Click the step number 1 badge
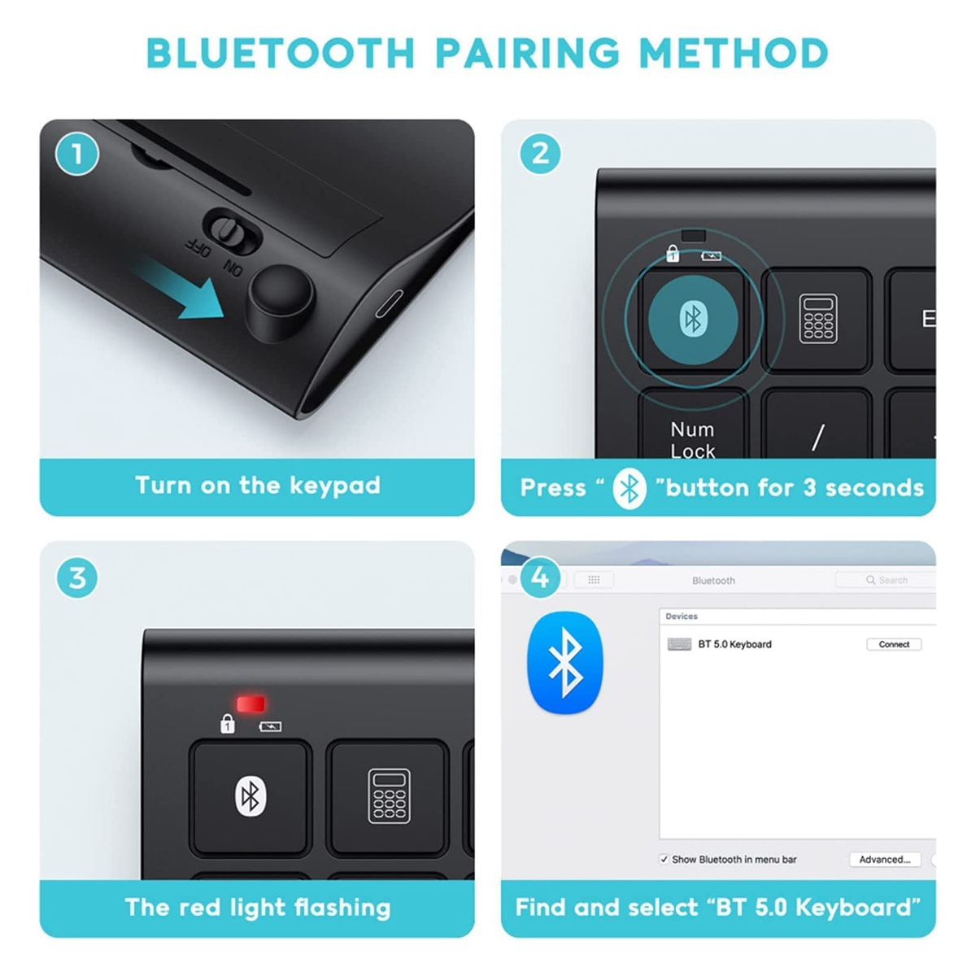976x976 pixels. (77, 154)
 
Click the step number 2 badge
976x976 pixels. (540, 154)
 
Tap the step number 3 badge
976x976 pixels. (77, 577)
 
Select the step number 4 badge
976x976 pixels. (540, 577)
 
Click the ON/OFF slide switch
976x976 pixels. (233, 231)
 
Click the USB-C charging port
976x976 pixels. (389, 303)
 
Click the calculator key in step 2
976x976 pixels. (817, 320)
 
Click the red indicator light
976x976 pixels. (251, 704)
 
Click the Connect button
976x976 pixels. (893, 644)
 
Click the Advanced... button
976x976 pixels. (884, 860)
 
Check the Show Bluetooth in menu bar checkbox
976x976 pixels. (664, 860)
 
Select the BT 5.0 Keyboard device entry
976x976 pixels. (720, 644)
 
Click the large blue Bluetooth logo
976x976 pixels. (565, 663)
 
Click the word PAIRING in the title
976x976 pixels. (527, 53)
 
